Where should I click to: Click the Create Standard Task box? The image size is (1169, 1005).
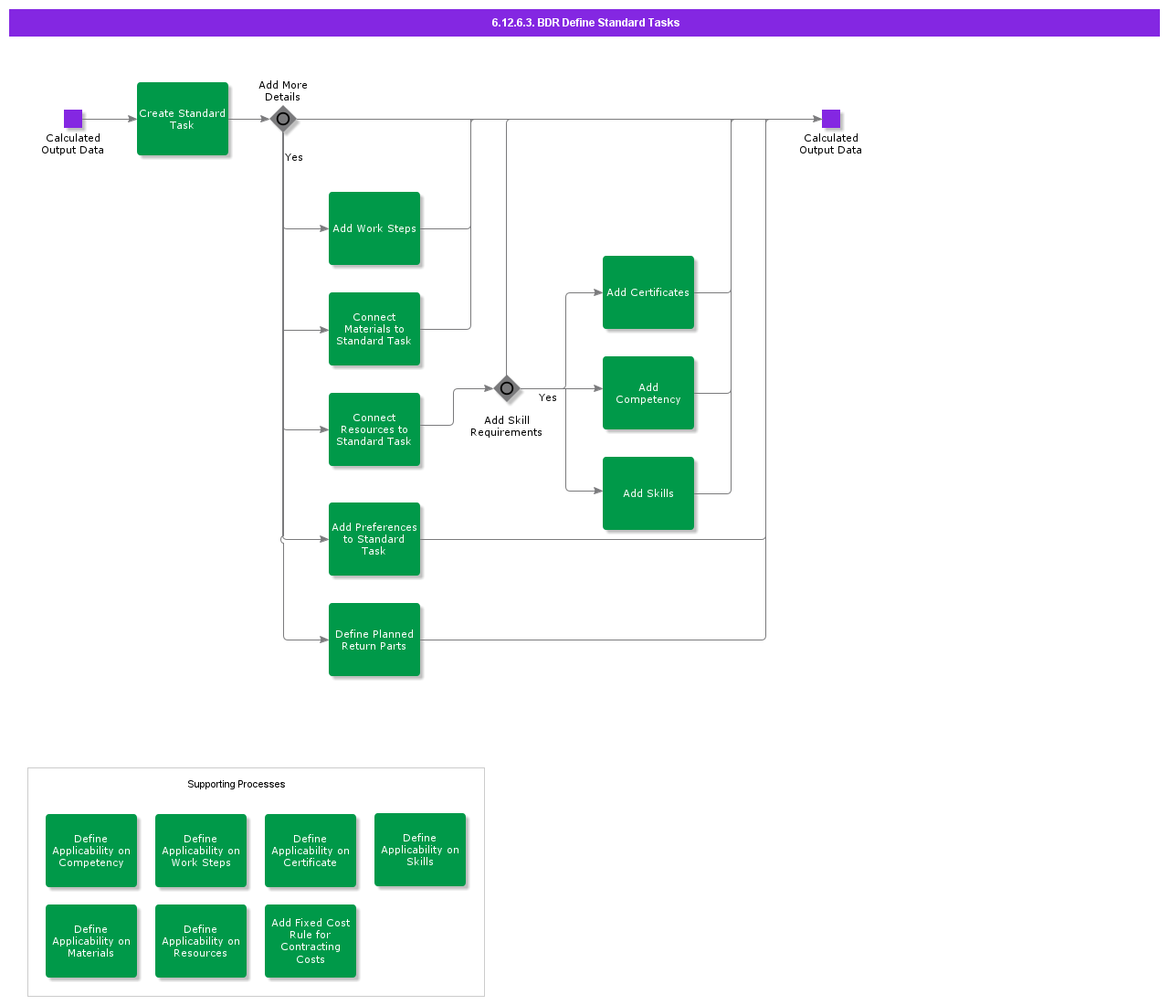(183, 119)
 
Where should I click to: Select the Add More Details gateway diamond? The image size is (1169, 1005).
(283, 119)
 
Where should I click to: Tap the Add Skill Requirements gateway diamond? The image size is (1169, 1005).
(507, 388)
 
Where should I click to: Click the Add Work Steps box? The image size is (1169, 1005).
(374, 228)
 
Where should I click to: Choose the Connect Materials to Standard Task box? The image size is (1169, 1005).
(374, 329)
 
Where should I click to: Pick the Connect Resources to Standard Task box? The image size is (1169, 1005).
(374, 429)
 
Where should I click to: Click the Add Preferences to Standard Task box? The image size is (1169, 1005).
(374, 539)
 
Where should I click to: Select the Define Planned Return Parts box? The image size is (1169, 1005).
(374, 640)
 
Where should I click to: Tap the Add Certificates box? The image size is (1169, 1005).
(648, 292)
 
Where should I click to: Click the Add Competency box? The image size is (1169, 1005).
(648, 393)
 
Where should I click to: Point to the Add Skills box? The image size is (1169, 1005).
(648, 493)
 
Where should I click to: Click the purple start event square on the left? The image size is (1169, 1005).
(73, 119)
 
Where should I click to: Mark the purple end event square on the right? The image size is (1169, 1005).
(831, 119)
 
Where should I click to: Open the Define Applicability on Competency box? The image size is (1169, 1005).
(91, 851)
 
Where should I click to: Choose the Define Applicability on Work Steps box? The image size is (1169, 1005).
(201, 851)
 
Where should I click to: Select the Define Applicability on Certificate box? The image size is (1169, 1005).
(311, 851)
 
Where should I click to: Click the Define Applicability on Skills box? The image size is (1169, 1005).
(420, 850)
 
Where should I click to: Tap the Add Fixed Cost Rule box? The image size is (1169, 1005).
(311, 941)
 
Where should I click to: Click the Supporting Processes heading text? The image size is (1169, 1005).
(237, 784)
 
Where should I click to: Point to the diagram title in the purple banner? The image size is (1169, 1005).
(584, 23)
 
